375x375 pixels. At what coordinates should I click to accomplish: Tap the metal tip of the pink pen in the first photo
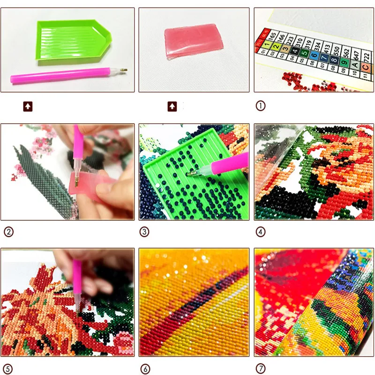(x=124, y=71)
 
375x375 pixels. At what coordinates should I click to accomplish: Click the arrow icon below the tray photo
(x=29, y=106)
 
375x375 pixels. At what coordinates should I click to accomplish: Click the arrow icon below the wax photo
(x=172, y=106)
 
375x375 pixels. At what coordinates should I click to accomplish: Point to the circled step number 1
(x=260, y=106)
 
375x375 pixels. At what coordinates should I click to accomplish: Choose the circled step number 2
(x=8, y=231)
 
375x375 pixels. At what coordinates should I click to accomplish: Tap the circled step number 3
(x=144, y=231)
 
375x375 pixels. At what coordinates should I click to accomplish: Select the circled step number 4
(x=260, y=231)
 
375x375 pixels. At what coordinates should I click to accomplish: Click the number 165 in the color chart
(x=272, y=36)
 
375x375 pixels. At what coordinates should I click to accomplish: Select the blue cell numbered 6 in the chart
(x=315, y=56)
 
